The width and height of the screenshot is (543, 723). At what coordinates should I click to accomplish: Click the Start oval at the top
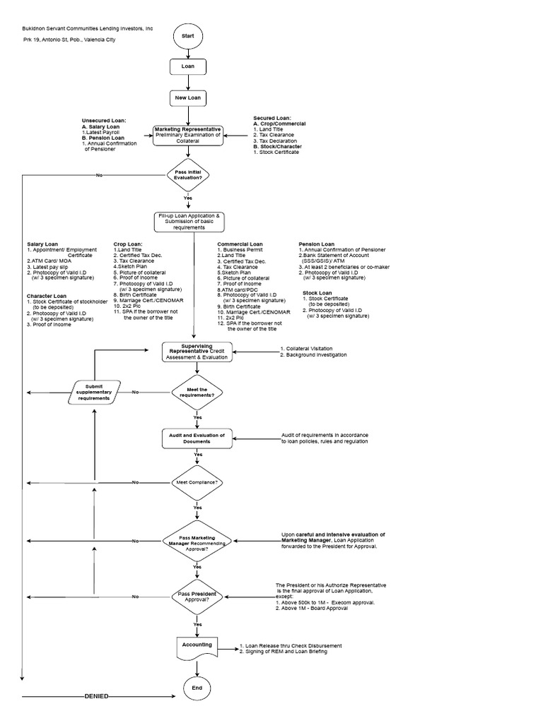click(188, 35)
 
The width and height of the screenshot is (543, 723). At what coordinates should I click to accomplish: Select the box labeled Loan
click(188, 66)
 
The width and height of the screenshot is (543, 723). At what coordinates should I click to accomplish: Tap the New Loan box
click(188, 97)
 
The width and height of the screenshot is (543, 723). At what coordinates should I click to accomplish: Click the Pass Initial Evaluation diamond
click(188, 174)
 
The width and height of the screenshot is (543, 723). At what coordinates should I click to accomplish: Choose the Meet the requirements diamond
click(197, 391)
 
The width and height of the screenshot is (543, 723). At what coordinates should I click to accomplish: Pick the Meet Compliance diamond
click(197, 482)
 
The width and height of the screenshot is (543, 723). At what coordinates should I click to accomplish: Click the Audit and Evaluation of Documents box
click(197, 438)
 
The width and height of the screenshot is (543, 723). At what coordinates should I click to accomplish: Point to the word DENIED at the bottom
click(96, 696)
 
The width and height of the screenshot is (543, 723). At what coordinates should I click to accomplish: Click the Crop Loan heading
click(128, 244)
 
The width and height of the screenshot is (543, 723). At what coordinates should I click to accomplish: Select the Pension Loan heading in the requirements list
click(317, 244)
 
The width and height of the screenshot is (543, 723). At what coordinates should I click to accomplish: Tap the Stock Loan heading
click(317, 292)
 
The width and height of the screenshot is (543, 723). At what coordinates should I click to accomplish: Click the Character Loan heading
click(47, 296)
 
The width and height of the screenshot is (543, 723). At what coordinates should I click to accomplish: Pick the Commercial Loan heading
click(240, 244)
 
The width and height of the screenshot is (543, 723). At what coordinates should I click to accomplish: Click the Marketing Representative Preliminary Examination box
click(188, 135)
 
